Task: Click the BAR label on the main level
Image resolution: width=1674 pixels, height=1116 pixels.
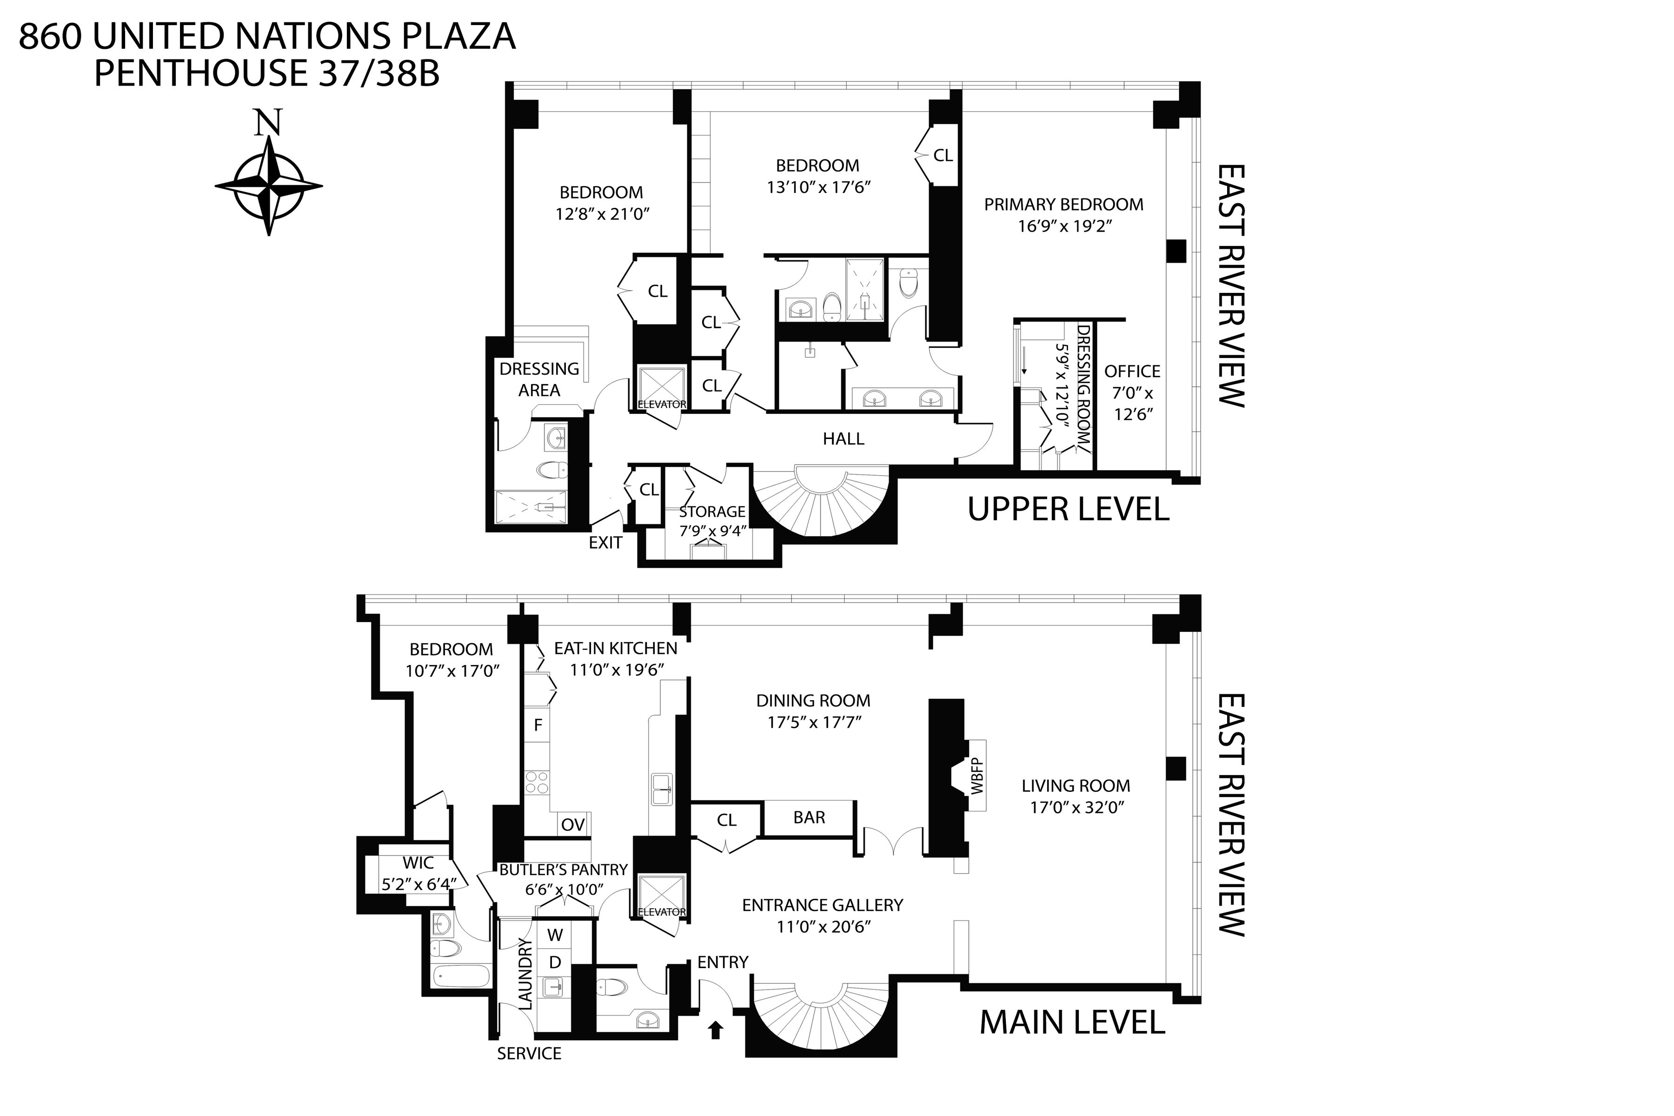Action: pyautogui.click(x=809, y=818)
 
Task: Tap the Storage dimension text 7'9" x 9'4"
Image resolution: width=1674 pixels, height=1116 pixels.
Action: pyautogui.click(x=712, y=531)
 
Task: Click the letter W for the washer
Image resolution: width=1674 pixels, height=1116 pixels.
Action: pyautogui.click(x=555, y=935)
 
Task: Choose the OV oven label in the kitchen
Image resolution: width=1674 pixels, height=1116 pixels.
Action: pyautogui.click(x=572, y=825)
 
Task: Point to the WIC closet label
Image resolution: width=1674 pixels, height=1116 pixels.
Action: pyautogui.click(x=418, y=864)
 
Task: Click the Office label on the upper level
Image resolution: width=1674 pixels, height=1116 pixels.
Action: pyautogui.click(x=1132, y=372)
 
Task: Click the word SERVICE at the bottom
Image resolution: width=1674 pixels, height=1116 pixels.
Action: pyautogui.click(x=529, y=1053)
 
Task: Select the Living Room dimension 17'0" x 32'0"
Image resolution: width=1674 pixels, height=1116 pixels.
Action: pyautogui.click(x=1076, y=808)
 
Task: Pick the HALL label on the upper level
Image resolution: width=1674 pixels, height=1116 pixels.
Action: pyautogui.click(x=844, y=439)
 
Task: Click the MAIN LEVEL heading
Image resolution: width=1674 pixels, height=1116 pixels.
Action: pyautogui.click(x=1072, y=1023)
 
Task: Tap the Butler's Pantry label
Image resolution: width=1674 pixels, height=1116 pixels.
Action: pyautogui.click(x=563, y=870)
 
